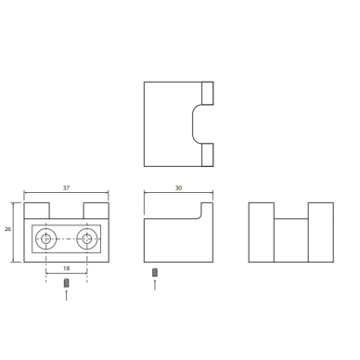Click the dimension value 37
[x=66, y=187]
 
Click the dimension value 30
[x=178, y=187]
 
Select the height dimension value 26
[x=7, y=229]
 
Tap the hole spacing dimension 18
[x=66, y=268]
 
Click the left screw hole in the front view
[x=46, y=238]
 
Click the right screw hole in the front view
[x=87, y=238]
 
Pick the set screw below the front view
[x=66, y=283]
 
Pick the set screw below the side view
[x=155, y=273]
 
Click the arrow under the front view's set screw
[x=66, y=295]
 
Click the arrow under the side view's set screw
[x=155, y=285]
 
